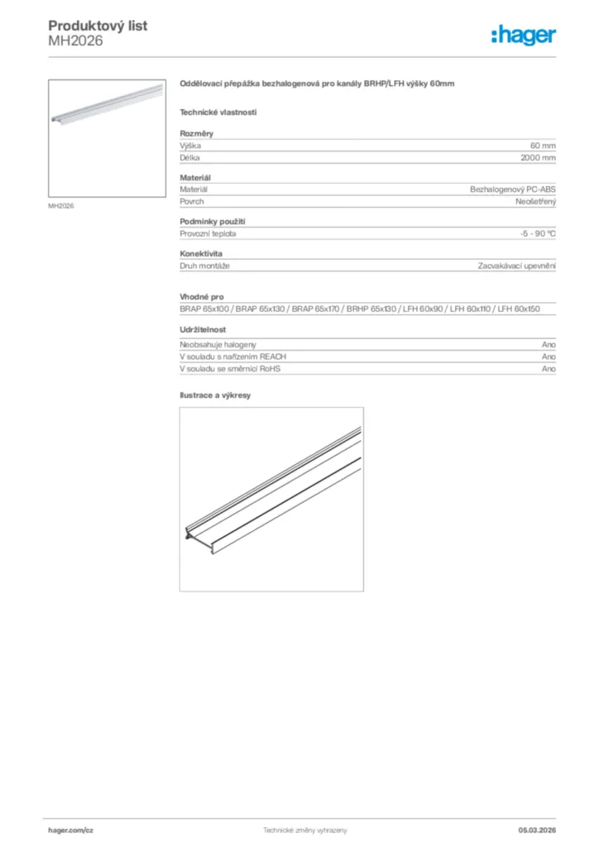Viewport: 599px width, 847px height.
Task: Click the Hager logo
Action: pyautogui.click(x=523, y=35)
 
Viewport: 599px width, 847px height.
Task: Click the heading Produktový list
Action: pyautogui.click(x=98, y=26)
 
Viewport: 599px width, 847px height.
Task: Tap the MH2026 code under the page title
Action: pyautogui.click(x=75, y=41)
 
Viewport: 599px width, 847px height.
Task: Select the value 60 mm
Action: pyautogui.click(x=543, y=146)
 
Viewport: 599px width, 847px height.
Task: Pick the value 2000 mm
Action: pyautogui.click(x=538, y=157)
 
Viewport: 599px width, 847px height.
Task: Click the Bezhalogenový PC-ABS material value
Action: pyautogui.click(x=513, y=189)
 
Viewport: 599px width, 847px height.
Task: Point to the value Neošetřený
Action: pyautogui.click(x=535, y=201)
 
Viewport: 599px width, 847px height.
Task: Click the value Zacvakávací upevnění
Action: pyautogui.click(x=516, y=266)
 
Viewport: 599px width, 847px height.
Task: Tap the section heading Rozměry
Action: pyautogui.click(x=197, y=133)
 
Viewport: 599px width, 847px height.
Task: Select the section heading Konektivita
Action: pyautogui.click(x=201, y=254)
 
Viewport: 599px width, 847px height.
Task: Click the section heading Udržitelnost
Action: pyautogui.click(x=204, y=330)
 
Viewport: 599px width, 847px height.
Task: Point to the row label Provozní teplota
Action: pyautogui.click(x=208, y=233)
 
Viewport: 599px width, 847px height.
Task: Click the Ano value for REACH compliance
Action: pyautogui.click(x=549, y=357)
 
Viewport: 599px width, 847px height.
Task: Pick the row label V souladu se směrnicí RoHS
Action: pyautogui.click(x=230, y=369)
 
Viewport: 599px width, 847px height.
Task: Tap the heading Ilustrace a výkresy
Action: pyautogui.click(x=215, y=395)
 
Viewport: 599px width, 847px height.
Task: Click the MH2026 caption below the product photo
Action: pyautogui.click(x=61, y=206)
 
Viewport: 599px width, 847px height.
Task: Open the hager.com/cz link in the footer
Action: pyautogui.click(x=71, y=830)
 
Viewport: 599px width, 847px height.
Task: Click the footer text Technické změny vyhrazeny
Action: pyautogui.click(x=304, y=830)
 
